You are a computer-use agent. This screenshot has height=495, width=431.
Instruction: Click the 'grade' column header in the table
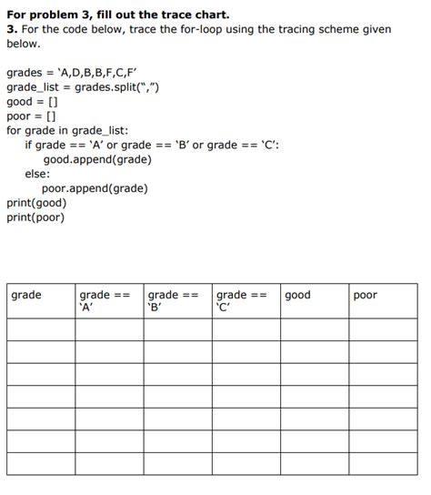26,295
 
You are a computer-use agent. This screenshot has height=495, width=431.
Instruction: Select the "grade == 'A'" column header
105,300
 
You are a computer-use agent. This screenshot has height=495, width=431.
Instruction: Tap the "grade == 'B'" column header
173,300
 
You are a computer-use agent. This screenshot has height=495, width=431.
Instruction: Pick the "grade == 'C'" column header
242,300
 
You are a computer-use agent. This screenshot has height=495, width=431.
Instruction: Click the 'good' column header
297,295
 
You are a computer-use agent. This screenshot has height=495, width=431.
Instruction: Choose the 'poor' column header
365,295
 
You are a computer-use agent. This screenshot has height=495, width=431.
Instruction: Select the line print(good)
36,203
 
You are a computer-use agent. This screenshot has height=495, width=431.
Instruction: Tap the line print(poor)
35,217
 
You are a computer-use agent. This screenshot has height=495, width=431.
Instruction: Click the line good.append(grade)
97,159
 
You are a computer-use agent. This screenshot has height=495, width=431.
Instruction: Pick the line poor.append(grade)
95,188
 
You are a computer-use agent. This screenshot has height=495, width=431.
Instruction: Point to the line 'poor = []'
31,116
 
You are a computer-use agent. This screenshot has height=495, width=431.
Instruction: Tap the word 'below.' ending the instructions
24,43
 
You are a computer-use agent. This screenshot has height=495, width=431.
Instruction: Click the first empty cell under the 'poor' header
383,329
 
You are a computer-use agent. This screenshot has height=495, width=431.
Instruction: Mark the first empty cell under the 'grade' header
41,329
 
